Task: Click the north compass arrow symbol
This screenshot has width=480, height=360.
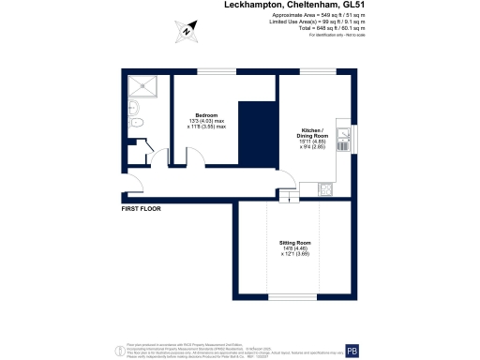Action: (187, 30)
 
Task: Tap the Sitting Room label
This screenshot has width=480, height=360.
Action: (294, 242)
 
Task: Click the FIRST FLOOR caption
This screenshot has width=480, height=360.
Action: (142, 208)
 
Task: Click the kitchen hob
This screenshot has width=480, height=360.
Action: (326, 188)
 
